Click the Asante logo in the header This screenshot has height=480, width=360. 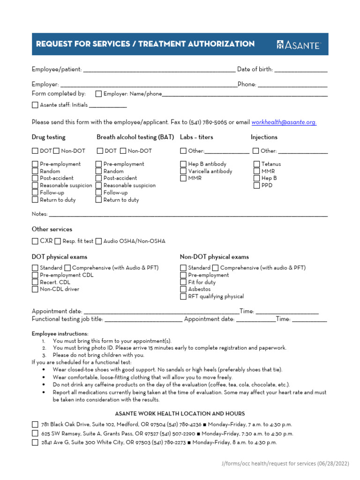coord(298,45)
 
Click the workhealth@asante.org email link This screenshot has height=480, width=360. coord(284,122)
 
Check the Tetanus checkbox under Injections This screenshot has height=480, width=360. coord(257,164)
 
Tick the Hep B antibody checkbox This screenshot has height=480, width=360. coord(183,164)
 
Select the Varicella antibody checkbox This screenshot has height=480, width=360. coord(183,172)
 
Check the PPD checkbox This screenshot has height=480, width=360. coord(257,186)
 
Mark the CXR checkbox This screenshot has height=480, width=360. coord(35,241)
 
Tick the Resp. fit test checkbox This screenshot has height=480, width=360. coord(58,241)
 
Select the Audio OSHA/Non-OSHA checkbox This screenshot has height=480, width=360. coord(98,241)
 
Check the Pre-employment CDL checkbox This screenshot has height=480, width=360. coord(35,275)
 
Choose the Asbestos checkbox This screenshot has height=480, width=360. coord(183,289)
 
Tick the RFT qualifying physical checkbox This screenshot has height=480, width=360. coord(183,297)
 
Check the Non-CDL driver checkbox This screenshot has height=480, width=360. coord(35,289)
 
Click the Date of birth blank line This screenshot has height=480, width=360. coord(300,70)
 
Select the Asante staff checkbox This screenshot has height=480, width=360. coord(35,105)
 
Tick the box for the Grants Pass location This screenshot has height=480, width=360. coord(35,434)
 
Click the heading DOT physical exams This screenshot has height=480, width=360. coord(59,257)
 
